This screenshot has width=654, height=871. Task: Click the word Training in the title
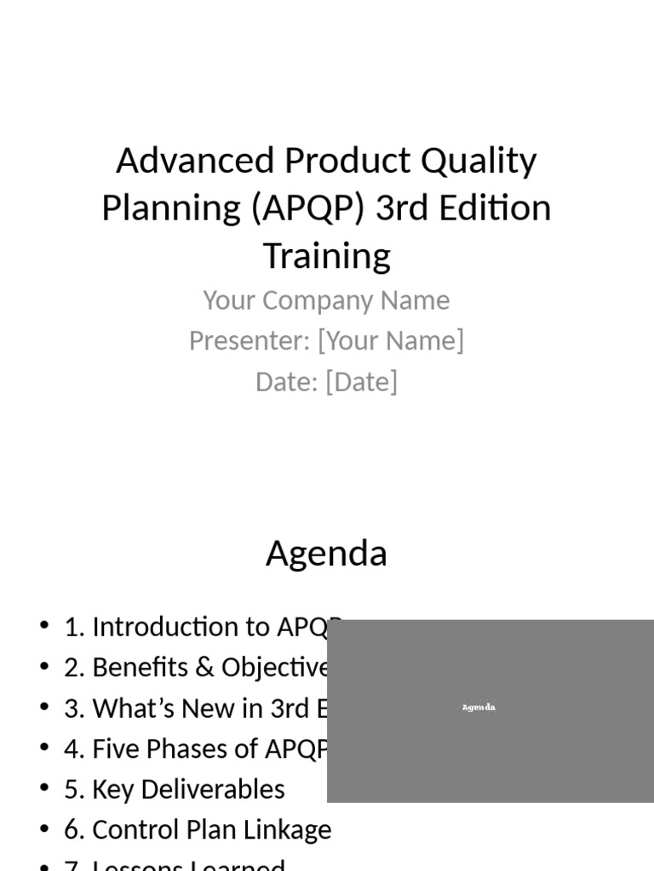327,255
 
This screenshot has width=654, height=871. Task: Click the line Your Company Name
326,300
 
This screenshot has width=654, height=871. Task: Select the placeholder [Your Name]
391,341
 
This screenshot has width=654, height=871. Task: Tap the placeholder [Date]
361,382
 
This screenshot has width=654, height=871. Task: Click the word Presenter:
250,341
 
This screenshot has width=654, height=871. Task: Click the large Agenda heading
326,554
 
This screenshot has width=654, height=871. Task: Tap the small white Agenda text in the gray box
479,708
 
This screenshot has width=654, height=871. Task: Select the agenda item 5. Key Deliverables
175,789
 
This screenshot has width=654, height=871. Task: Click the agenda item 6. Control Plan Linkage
198,830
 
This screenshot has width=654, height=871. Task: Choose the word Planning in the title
171,208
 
